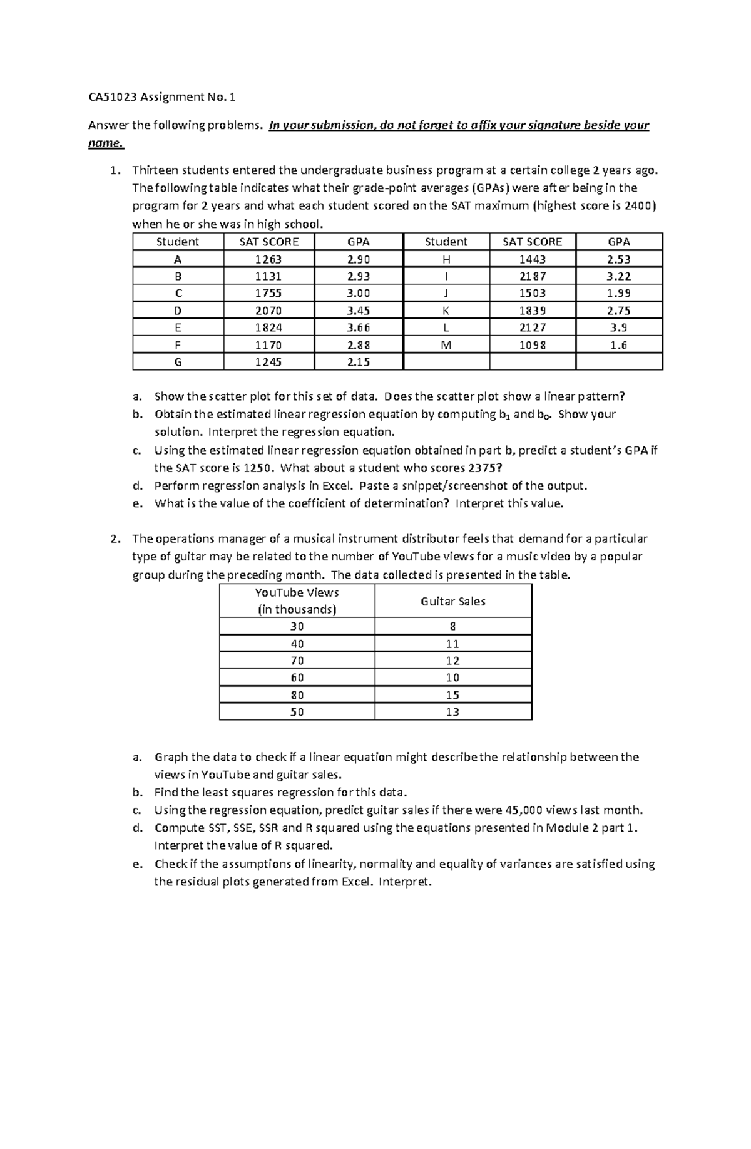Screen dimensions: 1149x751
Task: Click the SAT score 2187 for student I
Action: pos(532,276)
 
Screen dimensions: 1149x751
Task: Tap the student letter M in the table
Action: pos(446,345)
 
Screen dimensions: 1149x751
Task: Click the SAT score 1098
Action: pos(532,345)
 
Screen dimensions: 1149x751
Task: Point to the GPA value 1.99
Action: pos(618,293)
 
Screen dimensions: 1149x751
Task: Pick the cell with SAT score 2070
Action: pos(268,311)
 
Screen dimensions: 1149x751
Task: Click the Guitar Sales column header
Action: pos(452,601)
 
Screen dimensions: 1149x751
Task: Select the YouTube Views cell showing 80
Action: pos(297,695)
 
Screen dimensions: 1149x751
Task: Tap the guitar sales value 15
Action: pos(452,695)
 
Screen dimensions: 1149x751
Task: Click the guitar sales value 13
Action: pos(452,712)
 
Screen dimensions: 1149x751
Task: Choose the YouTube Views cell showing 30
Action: pos(297,626)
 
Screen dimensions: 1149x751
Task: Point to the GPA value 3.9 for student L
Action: pos(618,327)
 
